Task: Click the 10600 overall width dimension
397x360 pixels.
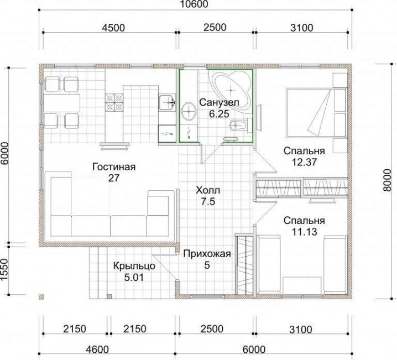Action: click(195, 4)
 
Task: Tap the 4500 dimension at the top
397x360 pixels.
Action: click(113, 28)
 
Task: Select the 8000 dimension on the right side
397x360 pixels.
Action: click(387, 180)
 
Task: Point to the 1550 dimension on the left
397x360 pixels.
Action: click(4, 269)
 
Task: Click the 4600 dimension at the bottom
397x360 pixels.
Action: click(97, 349)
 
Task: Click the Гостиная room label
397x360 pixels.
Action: click(114, 167)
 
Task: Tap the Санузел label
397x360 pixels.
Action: click(219, 102)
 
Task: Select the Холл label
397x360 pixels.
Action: click(208, 190)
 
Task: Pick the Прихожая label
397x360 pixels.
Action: click(207, 254)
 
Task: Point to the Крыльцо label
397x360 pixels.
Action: click(134, 266)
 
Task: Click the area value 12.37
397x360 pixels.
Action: click(304, 162)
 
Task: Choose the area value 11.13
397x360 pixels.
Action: click(304, 232)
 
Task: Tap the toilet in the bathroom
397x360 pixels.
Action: click(241, 125)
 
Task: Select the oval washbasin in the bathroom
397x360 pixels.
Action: click(189, 111)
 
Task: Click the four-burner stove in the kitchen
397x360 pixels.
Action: click(114, 102)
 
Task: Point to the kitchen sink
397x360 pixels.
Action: click(167, 102)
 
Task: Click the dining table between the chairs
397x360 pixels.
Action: click(62, 103)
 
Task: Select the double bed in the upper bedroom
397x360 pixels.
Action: click(316, 113)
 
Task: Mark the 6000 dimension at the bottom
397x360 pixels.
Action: click(254, 349)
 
